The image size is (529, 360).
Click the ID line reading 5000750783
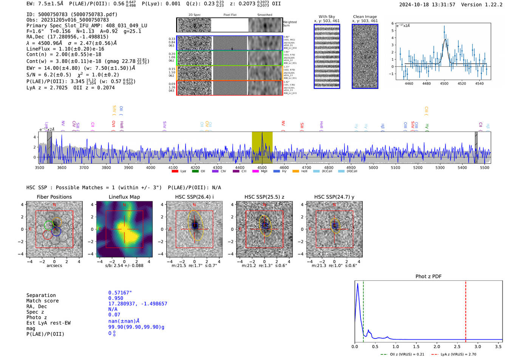72,14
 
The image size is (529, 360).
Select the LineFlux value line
65,49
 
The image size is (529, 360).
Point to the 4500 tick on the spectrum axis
262,167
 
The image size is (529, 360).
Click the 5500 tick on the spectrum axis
484,167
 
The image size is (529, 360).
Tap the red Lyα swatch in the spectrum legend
175,171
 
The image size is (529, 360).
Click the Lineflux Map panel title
124,197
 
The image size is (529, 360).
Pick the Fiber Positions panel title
54,197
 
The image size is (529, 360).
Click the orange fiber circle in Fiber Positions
57,222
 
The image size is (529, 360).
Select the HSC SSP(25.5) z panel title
264,197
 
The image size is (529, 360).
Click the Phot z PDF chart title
428,276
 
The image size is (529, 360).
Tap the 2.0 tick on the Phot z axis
437,346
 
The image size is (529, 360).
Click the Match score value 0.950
116,298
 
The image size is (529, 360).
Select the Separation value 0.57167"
120,293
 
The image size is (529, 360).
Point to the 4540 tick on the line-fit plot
479,83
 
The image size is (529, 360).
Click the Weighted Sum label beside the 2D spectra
289,23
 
